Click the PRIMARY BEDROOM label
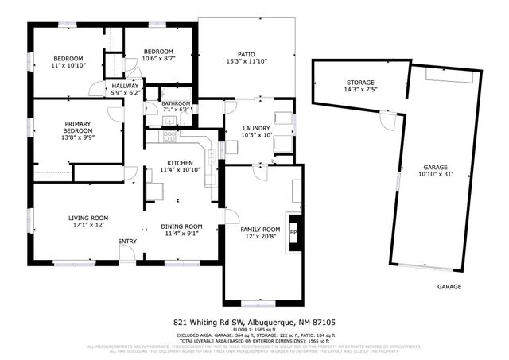click(x=78, y=125)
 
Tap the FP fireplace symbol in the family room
click(x=294, y=233)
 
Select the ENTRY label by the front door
click(x=127, y=242)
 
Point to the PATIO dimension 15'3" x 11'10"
click(x=247, y=61)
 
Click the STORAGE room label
click(x=360, y=82)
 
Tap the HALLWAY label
click(x=124, y=86)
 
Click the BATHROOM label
click(x=176, y=103)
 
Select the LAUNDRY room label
click(x=256, y=128)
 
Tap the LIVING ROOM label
click(x=88, y=218)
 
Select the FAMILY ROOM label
click(x=261, y=229)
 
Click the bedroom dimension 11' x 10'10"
click(x=69, y=66)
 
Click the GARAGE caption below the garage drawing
click(x=449, y=286)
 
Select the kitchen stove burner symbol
click(x=169, y=136)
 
